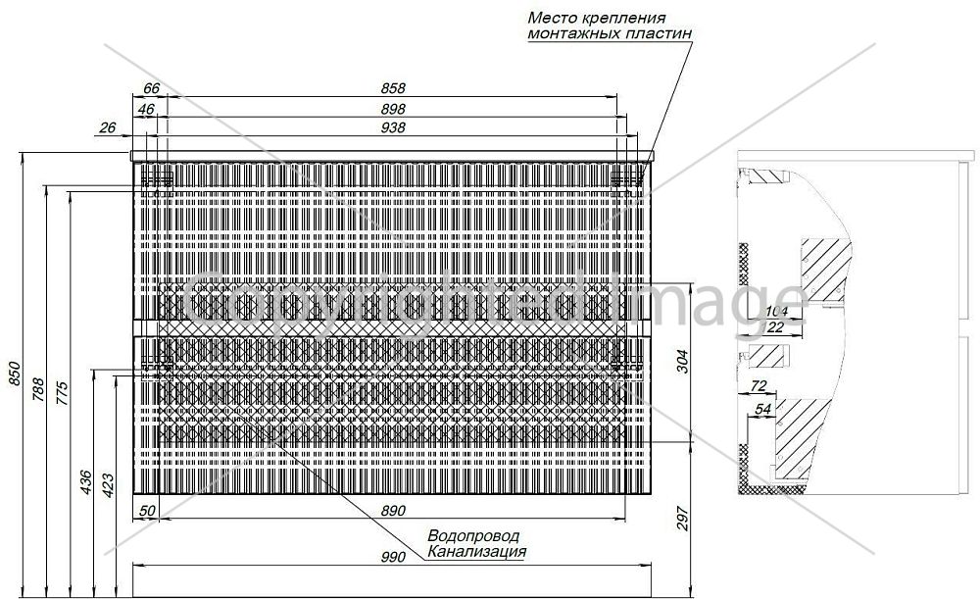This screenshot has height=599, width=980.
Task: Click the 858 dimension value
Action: click(x=393, y=89)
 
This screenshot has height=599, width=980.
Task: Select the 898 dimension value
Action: click(x=393, y=109)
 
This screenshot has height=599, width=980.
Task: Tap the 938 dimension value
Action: click(x=393, y=127)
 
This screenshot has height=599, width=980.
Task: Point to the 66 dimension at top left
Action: click(x=152, y=89)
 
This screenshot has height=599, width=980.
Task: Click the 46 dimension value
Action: click(x=146, y=110)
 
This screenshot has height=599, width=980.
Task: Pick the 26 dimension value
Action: click(x=108, y=127)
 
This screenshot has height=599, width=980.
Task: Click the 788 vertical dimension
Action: click(x=38, y=389)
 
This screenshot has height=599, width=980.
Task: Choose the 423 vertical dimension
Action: click(x=108, y=485)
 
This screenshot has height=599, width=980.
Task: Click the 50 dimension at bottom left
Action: click(x=147, y=511)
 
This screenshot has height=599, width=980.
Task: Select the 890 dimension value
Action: click(x=393, y=511)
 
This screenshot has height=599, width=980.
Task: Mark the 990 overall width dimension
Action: click(x=393, y=557)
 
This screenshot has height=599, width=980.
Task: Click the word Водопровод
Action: click(x=473, y=536)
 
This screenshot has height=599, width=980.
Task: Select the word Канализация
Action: click(x=476, y=552)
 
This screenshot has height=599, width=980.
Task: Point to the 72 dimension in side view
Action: click(x=758, y=386)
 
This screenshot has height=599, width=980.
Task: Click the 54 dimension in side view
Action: click(x=763, y=409)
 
